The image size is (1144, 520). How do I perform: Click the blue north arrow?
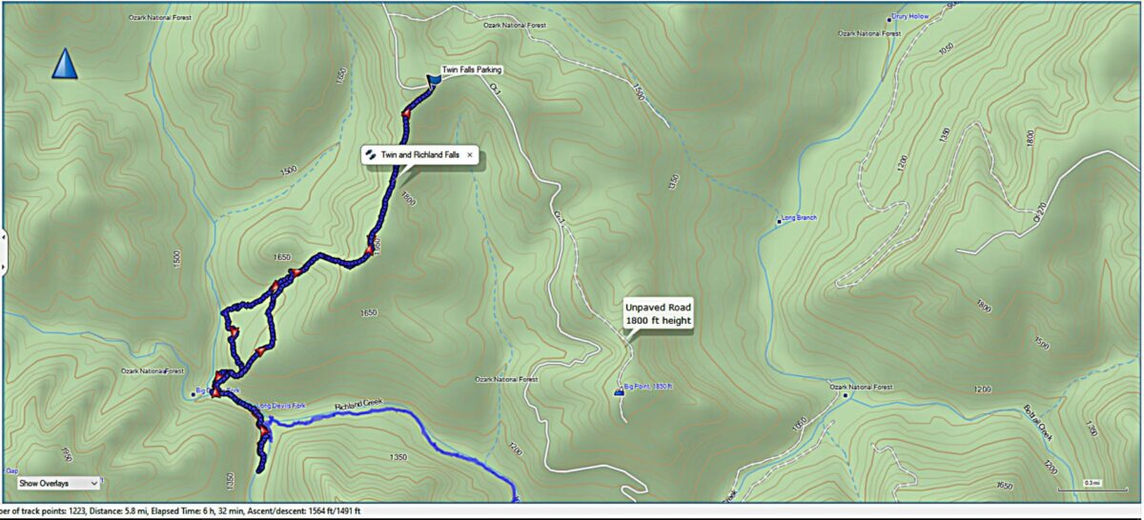[x=64, y=65]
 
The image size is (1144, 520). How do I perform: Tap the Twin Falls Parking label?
[x=471, y=70]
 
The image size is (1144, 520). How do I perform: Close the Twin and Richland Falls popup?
[x=470, y=154]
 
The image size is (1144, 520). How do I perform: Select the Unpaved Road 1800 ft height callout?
[x=658, y=314]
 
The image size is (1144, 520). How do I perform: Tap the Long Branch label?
[x=799, y=218]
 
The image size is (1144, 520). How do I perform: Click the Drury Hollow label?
[x=909, y=16]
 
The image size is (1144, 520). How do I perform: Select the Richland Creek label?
[x=357, y=405]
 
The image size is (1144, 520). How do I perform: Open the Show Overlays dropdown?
[x=58, y=484]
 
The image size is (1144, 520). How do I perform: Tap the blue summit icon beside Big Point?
[x=619, y=391]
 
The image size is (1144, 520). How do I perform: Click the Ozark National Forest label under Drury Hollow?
[x=869, y=33]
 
